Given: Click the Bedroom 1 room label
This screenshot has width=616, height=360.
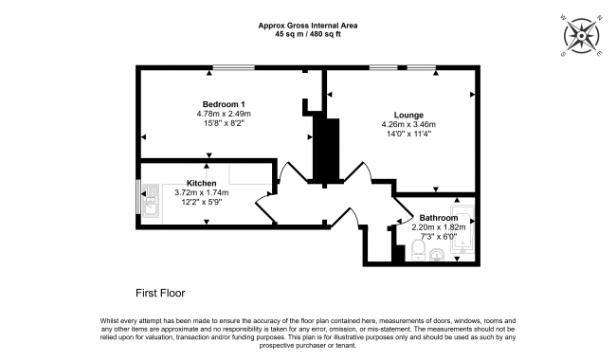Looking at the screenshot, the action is point(224,104).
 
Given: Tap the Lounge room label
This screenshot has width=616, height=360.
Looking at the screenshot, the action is point(408,115).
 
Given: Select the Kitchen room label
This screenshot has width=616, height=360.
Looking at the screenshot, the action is point(201,184).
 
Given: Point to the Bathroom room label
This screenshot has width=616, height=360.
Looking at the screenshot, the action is point(439,218).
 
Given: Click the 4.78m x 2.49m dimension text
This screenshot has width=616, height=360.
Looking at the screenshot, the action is point(224,114).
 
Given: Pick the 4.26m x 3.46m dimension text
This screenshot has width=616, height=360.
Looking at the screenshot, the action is point(408,124).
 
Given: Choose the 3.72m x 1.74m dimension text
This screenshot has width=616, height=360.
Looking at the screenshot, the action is point(201,192).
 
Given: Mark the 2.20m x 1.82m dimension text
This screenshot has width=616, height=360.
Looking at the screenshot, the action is point(439,227).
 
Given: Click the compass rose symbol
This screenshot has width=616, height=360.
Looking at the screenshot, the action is point(582,36).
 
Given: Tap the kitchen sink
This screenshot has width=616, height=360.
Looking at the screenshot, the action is point(150,201).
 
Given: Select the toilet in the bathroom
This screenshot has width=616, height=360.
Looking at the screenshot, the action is point(418,250).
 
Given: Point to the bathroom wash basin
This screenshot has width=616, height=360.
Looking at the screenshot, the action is point(437,255).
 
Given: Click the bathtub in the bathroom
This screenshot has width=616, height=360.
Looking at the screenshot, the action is point(462,229).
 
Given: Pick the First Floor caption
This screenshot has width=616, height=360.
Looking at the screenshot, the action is point(160,294).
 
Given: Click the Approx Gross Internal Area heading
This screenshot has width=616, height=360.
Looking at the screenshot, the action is point(308,26).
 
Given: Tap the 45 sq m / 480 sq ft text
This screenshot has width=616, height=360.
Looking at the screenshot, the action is point(308,34).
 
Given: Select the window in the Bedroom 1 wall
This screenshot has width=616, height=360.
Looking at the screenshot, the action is point(234,67).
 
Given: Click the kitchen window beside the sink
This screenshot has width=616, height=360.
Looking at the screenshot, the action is point(138,197).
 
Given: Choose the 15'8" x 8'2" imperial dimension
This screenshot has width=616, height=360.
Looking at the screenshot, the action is point(224,123).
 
